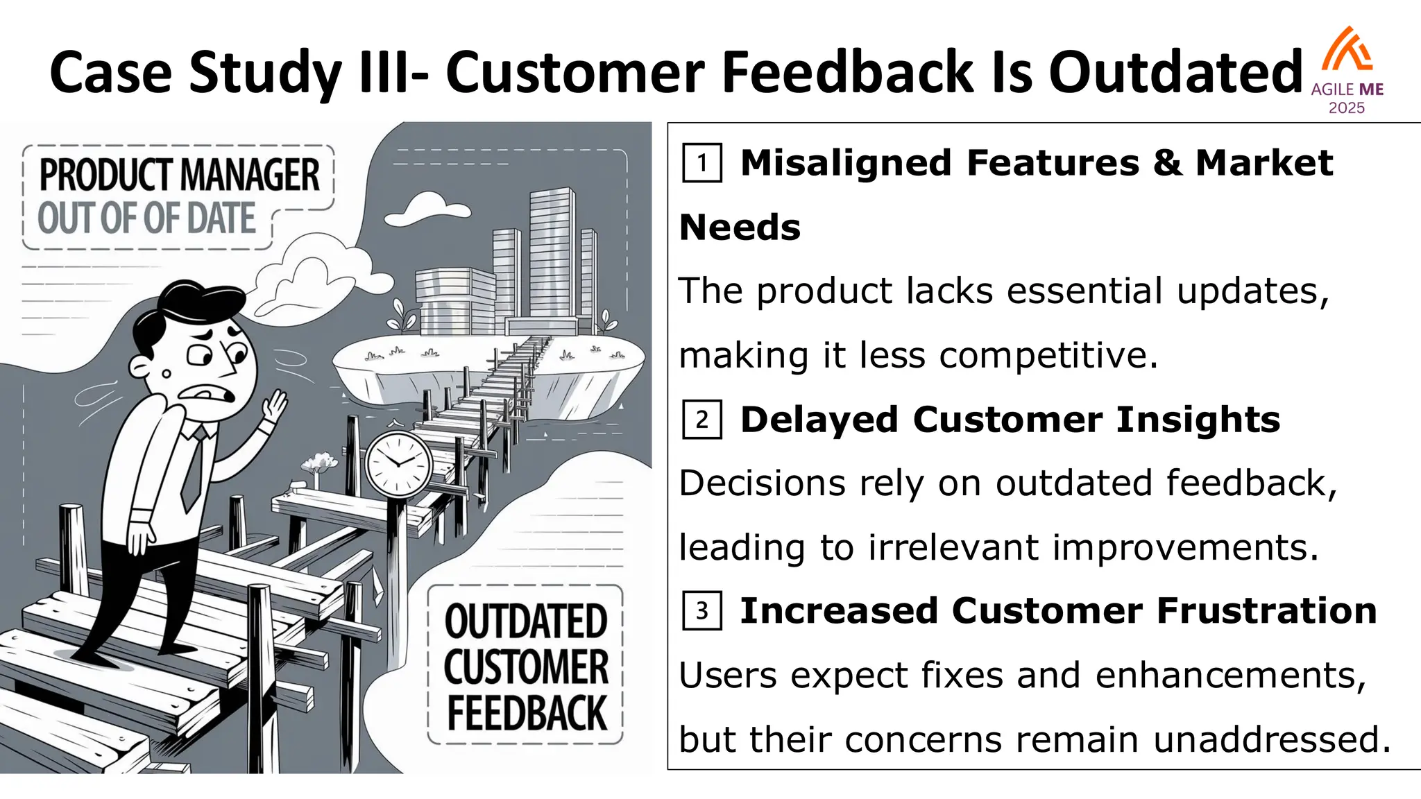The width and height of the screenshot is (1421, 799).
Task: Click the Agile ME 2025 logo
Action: coord(1347,69)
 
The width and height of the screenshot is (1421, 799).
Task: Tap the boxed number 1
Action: coord(701,163)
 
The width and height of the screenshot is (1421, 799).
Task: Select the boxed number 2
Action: coord(701,420)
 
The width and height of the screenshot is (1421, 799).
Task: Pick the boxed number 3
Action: coord(701,610)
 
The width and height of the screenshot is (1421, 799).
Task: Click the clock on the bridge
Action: coord(398,463)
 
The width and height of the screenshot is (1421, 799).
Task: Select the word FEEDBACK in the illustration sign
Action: coord(527,713)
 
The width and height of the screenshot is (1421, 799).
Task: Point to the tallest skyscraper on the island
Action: coord(552,257)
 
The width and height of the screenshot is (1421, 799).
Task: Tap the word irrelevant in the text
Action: coord(954,547)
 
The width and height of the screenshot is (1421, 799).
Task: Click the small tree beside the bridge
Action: coord(318,463)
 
